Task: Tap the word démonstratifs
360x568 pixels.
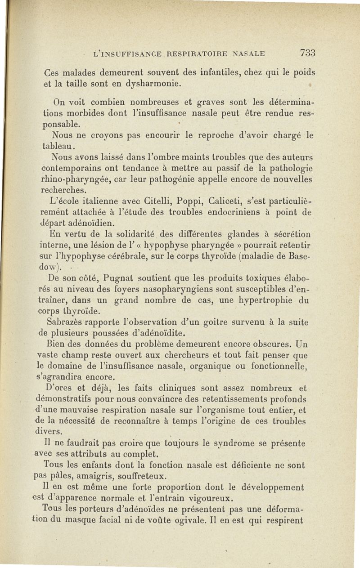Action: point(65,399)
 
